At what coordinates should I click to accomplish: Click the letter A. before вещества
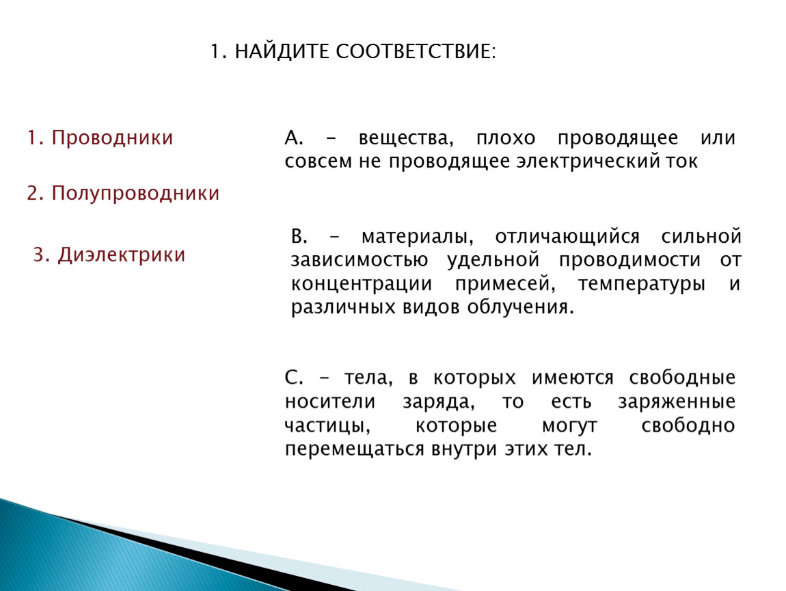pyautogui.click(x=294, y=137)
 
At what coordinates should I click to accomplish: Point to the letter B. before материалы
pyautogui.click(x=299, y=236)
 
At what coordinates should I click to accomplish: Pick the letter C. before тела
pyautogui.click(x=294, y=377)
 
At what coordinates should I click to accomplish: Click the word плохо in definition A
pyautogui.click(x=506, y=138)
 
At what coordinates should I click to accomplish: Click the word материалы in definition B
pyautogui.click(x=417, y=236)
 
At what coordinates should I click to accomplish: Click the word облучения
pyautogui.click(x=520, y=307)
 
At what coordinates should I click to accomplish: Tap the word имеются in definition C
pyautogui.click(x=573, y=378)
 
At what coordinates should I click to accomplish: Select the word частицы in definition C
pyautogui.click(x=327, y=426)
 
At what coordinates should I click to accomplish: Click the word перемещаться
pyautogui.click(x=355, y=449)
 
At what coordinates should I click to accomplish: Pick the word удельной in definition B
pyautogui.click(x=493, y=261)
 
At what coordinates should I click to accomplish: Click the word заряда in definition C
pyautogui.click(x=439, y=402)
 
